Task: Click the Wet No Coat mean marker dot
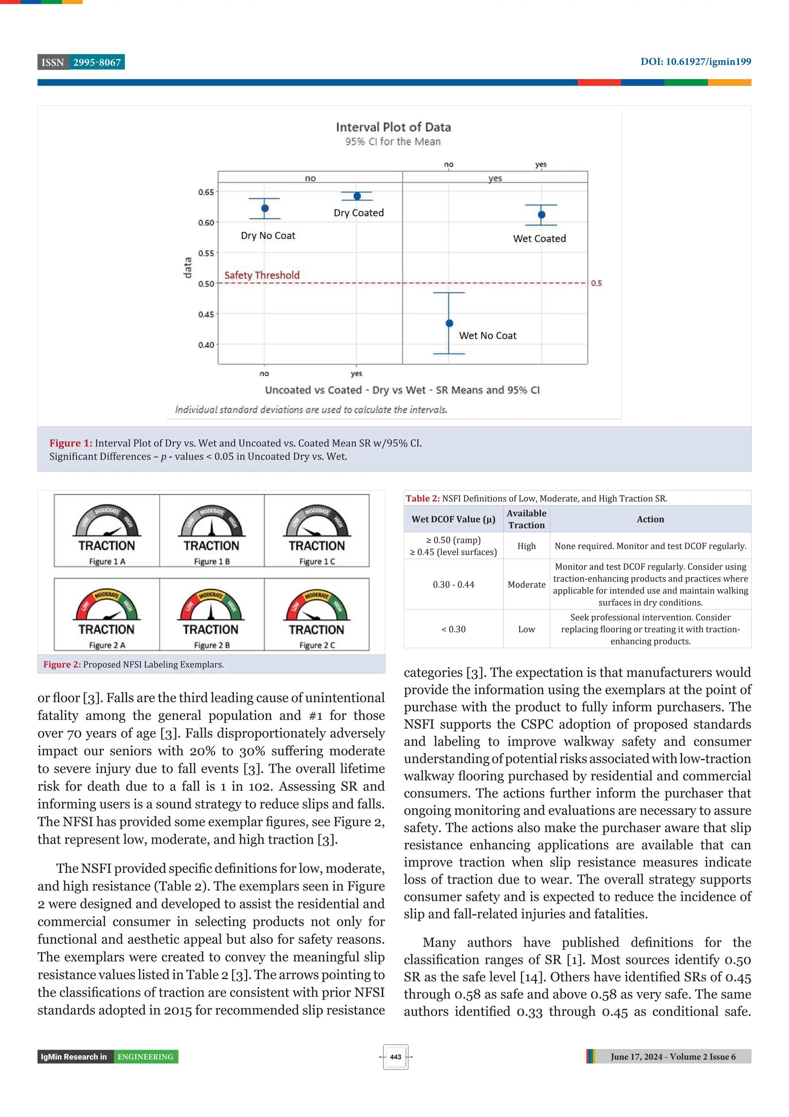coord(449,323)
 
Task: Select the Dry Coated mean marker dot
coord(357,196)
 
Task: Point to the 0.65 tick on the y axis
coord(206,192)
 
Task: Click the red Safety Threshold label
coord(262,275)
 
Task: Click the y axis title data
coord(187,268)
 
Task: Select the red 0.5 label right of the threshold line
coord(596,283)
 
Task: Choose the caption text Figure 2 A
coord(107,645)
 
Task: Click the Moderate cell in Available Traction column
coord(527,584)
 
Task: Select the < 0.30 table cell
coord(453,629)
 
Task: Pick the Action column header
coord(650,519)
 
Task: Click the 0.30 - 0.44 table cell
coord(453,584)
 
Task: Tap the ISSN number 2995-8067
coord(97,62)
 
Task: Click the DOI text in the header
coord(695,62)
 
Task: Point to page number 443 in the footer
coord(395,1057)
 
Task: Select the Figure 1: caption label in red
coord(71,443)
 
